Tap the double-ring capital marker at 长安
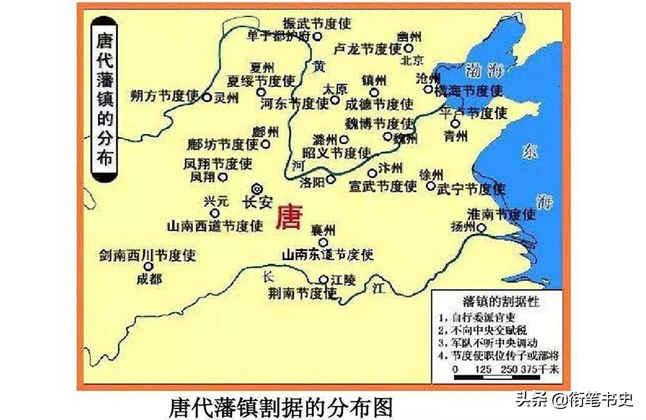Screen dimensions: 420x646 [x=257, y=188]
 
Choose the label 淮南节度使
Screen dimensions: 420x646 [x=501, y=213]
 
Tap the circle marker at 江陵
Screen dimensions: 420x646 [x=324, y=279]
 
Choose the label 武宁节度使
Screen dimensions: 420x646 [x=470, y=189]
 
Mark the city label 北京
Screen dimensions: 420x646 [x=412, y=61]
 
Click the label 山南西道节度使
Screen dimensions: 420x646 [x=215, y=226]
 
